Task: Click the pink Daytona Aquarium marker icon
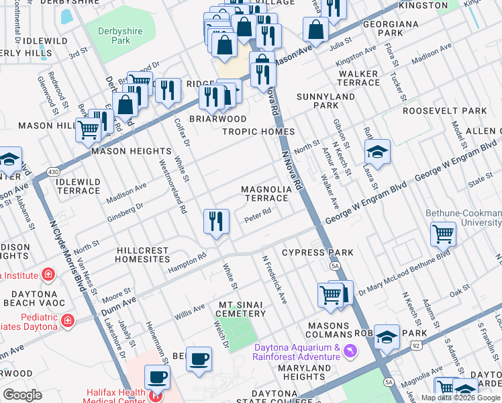(349, 352)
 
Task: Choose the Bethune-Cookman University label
(463, 218)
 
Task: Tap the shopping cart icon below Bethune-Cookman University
(443, 234)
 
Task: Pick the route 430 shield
(52, 173)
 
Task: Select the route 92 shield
(417, 343)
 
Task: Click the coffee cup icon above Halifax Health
(199, 359)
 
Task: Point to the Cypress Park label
(317, 253)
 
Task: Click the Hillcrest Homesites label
(142, 255)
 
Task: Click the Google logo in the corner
(22, 395)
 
